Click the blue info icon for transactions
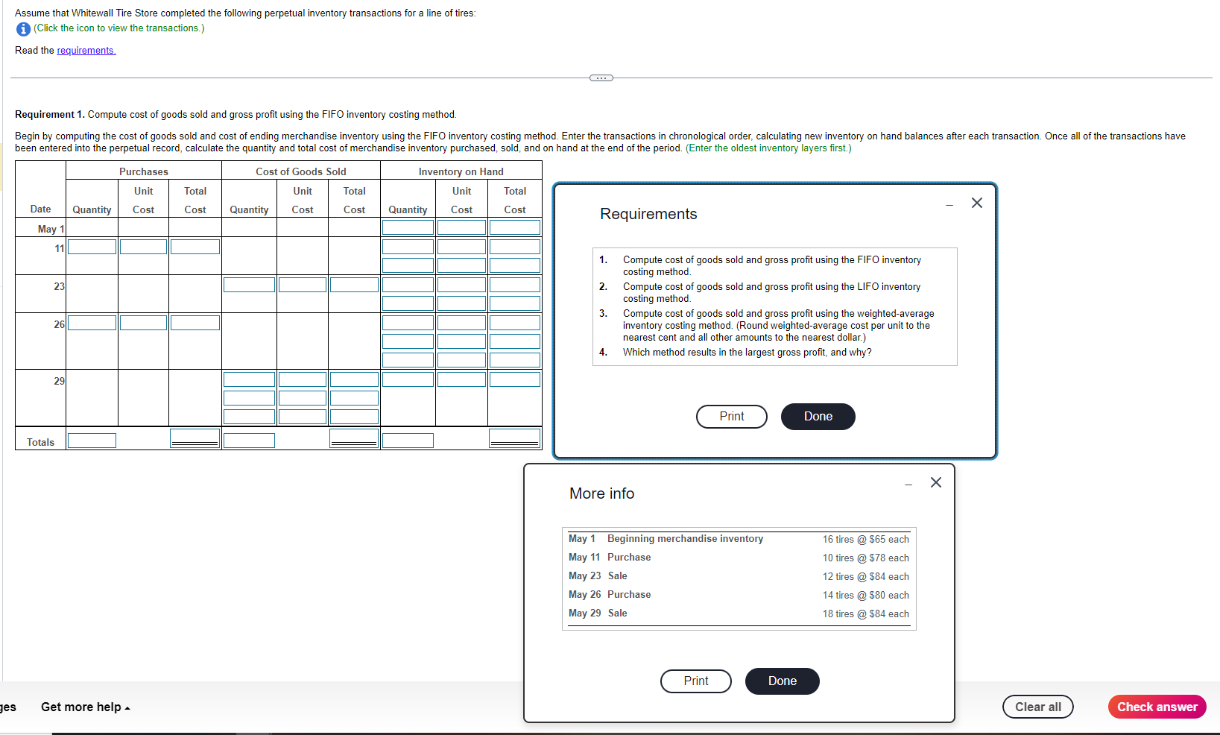tap(23, 29)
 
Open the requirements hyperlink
tap(86, 50)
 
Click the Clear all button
tap(1037, 707)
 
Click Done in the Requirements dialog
tap(818, 416)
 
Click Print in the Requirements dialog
tap(731, 416)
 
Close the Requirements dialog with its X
tap(976, 204)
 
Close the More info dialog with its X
tap(936, 482)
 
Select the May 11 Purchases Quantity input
tap(92, 247)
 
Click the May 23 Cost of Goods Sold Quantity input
tap(249, 285)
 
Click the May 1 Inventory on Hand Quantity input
tap(408, 227)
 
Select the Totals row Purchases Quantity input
tap(92, 441)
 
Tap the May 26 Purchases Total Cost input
tap(195, 323)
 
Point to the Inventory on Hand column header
tap(461, 171)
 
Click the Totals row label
tap(40, 443)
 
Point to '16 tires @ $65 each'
tap(865, 539)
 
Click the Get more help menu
tap(86, 707)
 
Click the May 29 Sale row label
tap(598, 613)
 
